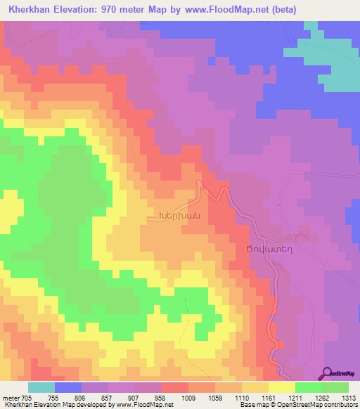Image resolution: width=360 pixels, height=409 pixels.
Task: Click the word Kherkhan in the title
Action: click(x=31, y=10)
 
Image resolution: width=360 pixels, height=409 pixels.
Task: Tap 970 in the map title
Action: click(x=123, y=10)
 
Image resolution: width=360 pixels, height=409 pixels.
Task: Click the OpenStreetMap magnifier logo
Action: click(x=326, y=373)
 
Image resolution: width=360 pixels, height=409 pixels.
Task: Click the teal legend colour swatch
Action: click(x=41, y=387)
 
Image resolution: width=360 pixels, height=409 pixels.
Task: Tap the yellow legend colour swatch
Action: click(x=282, y=387)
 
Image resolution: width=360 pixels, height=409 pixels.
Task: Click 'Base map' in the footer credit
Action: click(x=252, y=405)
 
